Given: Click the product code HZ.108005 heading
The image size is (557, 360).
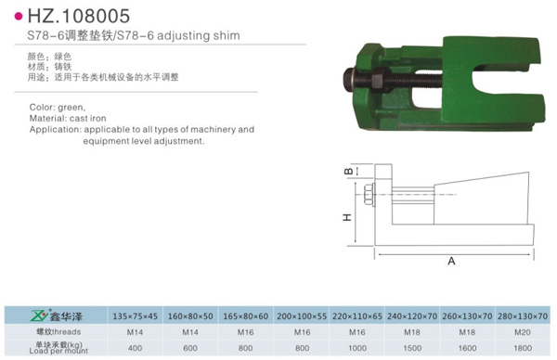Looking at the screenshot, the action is coord(79,16).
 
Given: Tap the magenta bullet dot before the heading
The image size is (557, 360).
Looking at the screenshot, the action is coord(19,17).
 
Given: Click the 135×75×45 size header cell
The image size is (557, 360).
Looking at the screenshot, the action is coord(135,316).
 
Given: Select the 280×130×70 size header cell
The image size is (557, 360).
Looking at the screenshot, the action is coord(523,316).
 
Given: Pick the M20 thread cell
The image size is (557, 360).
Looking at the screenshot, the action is coord(523,332).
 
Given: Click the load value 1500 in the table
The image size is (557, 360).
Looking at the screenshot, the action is coord(412,348).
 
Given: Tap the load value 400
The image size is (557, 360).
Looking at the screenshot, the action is coord(135,348).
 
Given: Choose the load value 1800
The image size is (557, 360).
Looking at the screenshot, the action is coord(523,348).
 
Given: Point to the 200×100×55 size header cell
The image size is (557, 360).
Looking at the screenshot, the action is coord(302,316).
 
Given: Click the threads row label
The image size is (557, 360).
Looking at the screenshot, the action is coord(58,332).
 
